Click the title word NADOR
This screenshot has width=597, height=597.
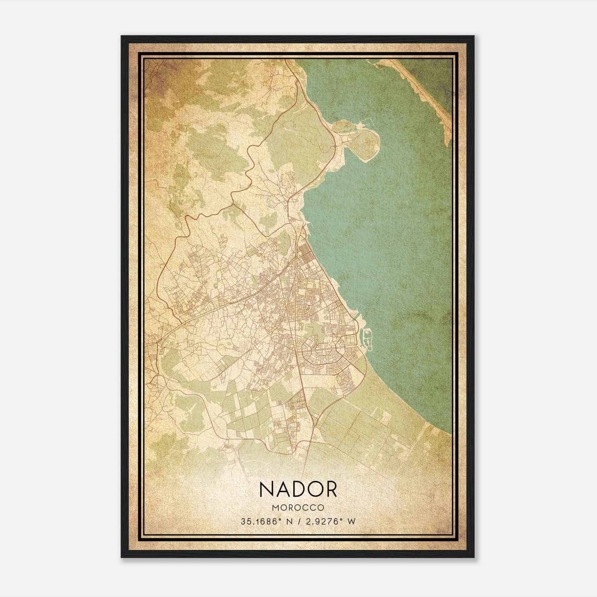coord(298,489)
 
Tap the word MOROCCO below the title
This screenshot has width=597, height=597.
coord(298,508)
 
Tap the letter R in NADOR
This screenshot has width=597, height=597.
coord(331,489)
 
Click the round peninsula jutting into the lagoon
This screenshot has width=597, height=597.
coord(364,142)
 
